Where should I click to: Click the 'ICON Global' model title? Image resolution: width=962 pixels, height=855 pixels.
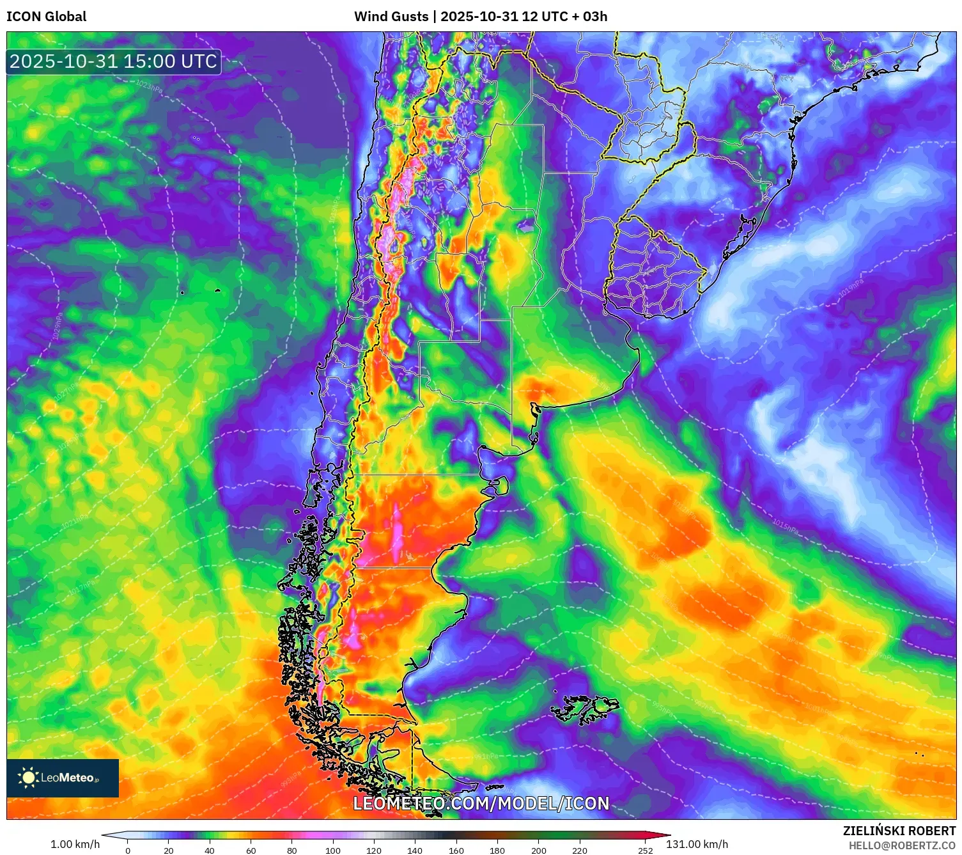click(x=46, y=17)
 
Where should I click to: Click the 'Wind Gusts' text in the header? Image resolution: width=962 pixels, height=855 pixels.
click(x=391, y=17)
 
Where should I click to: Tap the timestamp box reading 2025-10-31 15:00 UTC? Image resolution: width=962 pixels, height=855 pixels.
click(x=113, y=61)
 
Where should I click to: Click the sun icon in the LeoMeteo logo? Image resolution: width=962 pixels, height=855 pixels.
click(x=28, y=778)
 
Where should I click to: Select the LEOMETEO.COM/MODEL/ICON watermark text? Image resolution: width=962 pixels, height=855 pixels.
click(x=481, y=803)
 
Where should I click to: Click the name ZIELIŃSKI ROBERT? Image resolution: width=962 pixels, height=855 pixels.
click(x=899, y=831)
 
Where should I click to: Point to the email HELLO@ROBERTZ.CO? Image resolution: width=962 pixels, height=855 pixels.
click(x=901, y=845)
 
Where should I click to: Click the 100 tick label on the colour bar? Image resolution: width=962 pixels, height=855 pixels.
click(x=333, y=851)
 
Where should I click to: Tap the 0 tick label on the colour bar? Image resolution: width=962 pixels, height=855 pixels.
click(x=128, y=851)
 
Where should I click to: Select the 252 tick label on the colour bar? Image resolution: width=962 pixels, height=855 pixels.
click(x=645, y=851)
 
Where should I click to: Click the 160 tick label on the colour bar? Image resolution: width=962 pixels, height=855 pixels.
click(x=456, y=851)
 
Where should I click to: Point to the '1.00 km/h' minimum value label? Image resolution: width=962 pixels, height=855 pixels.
click(x=75, y=844)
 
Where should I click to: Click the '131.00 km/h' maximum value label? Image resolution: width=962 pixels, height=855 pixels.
click(x=697, y=844)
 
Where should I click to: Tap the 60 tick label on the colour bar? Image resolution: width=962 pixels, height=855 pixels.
click(x=251, y=851)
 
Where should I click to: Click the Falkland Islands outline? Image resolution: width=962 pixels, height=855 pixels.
click(x=585, y=709)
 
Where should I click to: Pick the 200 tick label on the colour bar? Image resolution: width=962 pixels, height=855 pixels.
click(x=538, y=851)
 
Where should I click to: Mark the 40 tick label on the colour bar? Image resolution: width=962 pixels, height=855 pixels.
click(x=210, y=851)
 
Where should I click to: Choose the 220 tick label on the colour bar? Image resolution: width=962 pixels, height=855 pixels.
click(x=579, y=851)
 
